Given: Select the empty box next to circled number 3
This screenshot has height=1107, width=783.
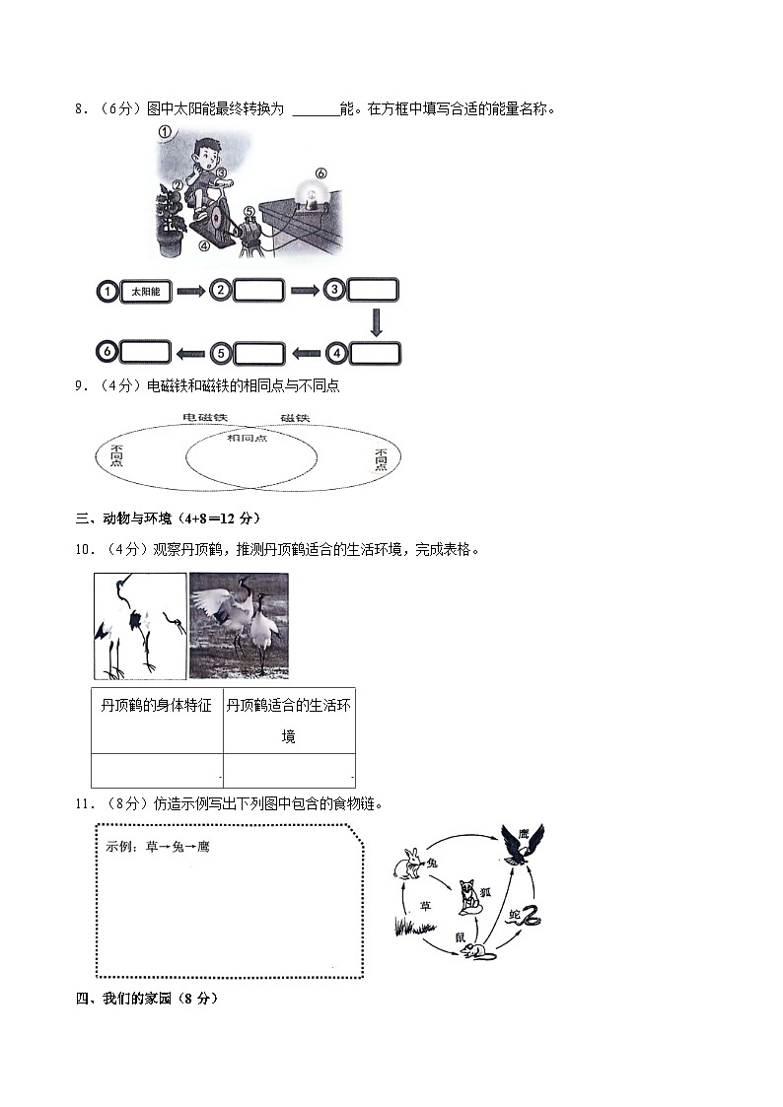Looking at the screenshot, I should click(373, 290).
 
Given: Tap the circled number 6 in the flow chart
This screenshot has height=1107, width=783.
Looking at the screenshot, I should click(107, 352).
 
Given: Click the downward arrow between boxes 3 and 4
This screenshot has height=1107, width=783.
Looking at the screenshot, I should click(376, 321).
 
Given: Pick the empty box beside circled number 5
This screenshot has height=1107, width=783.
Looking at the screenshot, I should click(258, 353).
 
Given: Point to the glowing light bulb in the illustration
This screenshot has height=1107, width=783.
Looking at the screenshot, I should click(317, 192).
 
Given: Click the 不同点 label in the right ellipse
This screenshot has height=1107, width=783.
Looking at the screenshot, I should click(382, 458).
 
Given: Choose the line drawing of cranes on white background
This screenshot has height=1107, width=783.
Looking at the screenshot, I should click(140, 626).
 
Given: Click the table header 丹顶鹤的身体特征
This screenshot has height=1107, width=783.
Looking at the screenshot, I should click(157, 706).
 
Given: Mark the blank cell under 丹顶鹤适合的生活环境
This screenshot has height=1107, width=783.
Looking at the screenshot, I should click(289, 770).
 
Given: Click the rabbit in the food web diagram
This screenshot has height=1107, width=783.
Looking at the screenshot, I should click(405, 865).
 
